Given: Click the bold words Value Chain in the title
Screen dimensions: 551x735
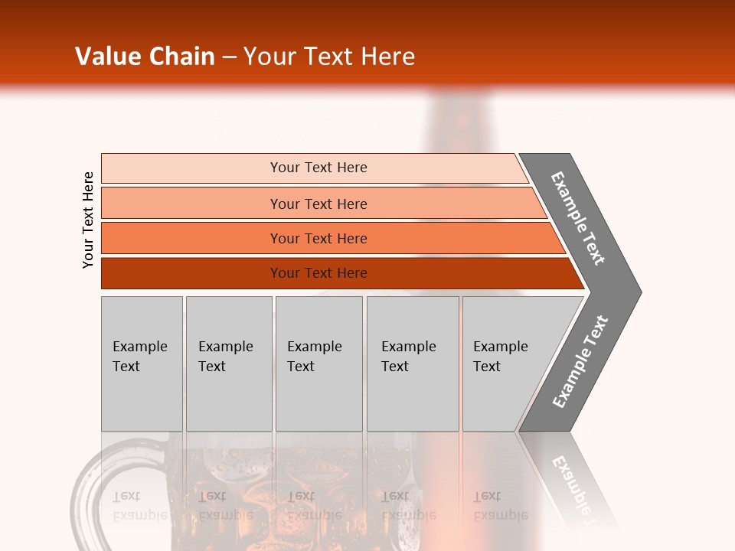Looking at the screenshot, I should pyautogui.click(x=145, y=57).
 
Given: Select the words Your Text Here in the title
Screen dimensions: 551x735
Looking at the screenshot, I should pyautogui.click(x=329, y=57).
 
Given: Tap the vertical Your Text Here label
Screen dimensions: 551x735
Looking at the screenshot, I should pyautogui.click(x=88, y=220).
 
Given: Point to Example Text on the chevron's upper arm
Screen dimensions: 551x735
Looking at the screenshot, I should pyautogui.click(x=578, y=218).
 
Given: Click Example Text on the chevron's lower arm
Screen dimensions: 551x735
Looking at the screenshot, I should pyautogui.click(x=580, y=362).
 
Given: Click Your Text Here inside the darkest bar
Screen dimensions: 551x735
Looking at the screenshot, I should pyautogui.click(x=318, y=273).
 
